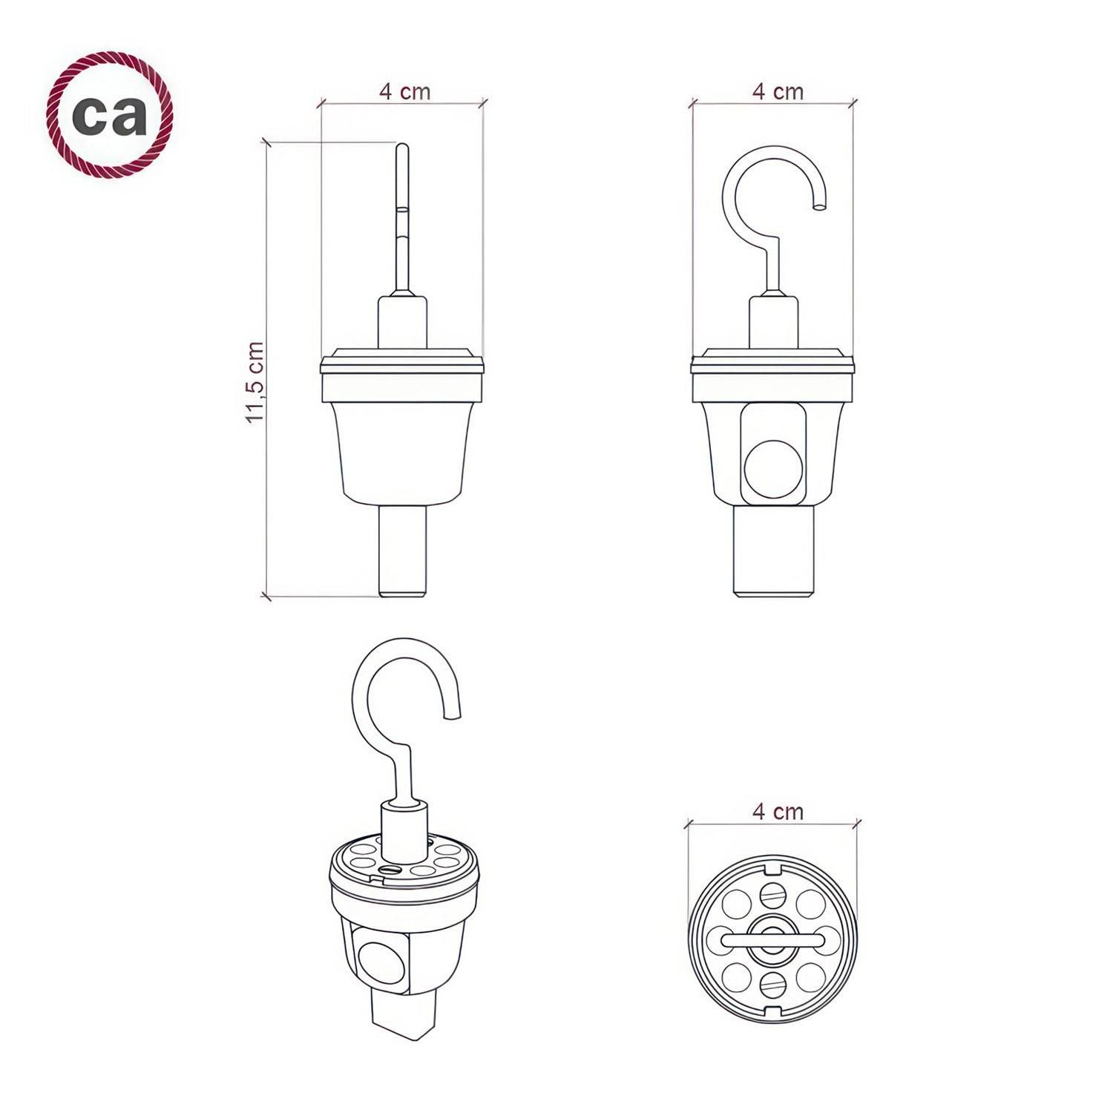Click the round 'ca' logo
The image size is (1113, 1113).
110,115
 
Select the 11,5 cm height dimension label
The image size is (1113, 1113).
255,382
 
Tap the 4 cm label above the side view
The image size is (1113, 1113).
404,91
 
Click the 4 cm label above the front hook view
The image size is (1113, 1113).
778,91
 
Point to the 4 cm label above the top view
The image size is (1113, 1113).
778,811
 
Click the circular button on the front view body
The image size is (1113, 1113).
773,469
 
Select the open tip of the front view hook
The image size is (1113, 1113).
818,208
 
